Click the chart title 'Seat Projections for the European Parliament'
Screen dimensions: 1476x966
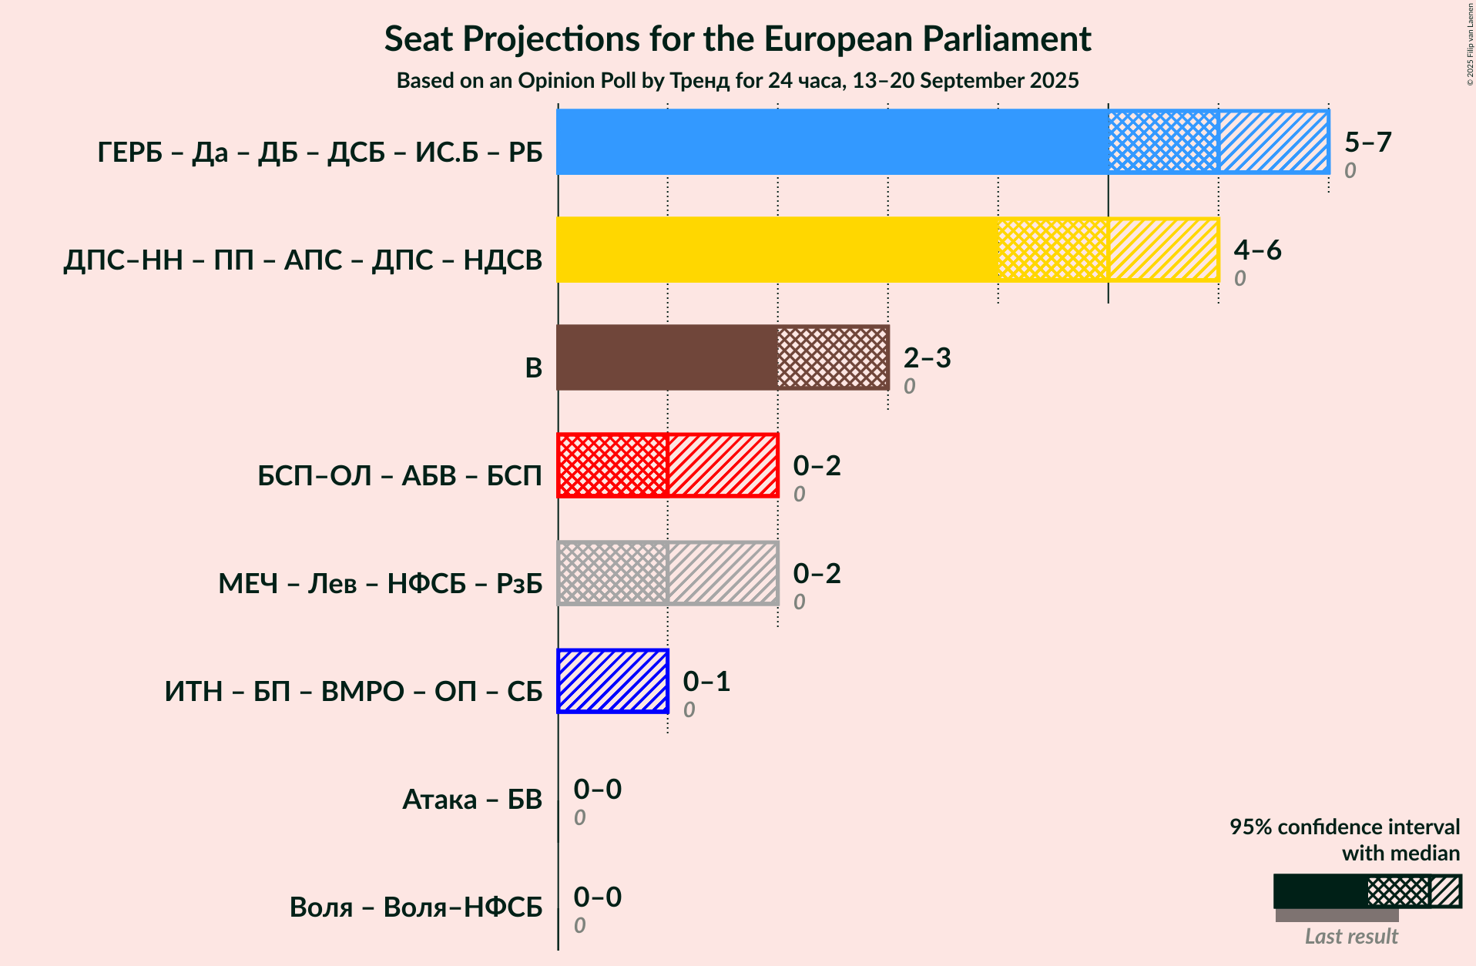pos(737,39)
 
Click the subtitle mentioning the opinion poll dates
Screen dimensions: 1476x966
pos(737,81)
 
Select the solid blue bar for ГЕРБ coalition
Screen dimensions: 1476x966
pos(833,142)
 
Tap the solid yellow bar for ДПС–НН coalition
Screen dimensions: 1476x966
pos(777,250)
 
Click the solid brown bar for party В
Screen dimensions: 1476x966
pos(667,357)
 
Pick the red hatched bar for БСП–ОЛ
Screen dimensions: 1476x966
pos(667,465)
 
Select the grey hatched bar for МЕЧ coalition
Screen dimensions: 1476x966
pos(667,573)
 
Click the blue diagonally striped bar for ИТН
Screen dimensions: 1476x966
pos(612,681)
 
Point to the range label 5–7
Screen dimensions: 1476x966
pos(1368,142)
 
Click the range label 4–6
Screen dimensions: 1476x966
pos(1257,250)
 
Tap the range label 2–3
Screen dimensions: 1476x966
pos(928,357)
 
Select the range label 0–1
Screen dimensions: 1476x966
pos(707,681)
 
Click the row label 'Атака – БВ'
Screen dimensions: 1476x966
pos(472,800)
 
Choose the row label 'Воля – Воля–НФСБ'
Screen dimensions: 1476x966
pos(416,907)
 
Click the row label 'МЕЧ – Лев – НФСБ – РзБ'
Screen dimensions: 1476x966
pos(381,584)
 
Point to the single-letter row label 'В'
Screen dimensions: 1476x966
pos(534,368)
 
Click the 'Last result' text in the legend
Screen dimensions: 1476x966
pos(1351,936)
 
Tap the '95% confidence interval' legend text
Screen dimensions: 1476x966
pos(1344,827)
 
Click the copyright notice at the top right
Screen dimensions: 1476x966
pos(1470,44)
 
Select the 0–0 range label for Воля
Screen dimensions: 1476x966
pos(598,897)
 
